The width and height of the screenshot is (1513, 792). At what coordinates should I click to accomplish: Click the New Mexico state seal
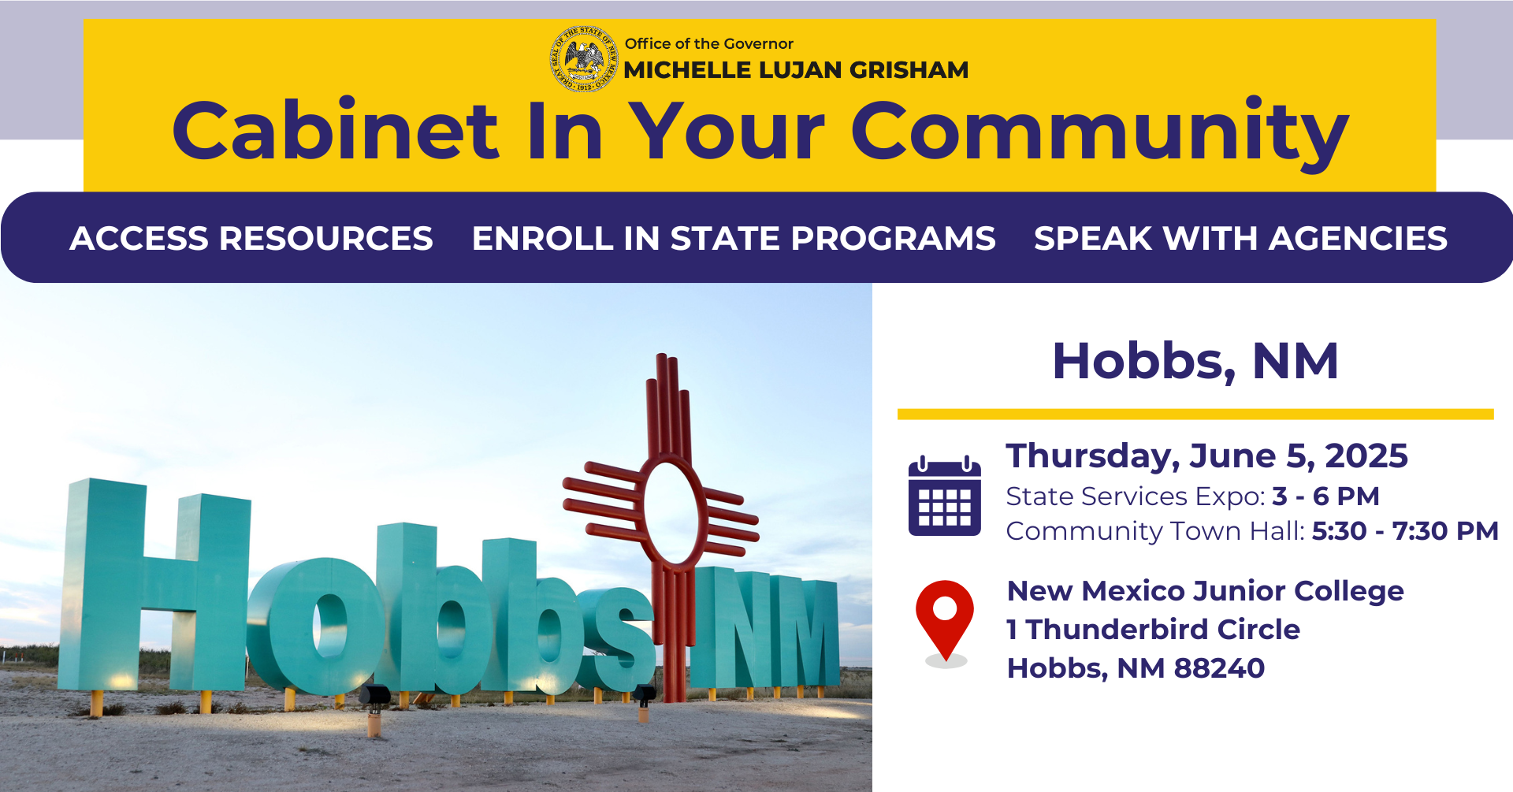tap(583, 59)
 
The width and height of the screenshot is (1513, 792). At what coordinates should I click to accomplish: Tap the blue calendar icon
tap(945, 496)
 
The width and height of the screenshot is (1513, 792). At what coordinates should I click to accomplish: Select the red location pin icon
tap(945, 621)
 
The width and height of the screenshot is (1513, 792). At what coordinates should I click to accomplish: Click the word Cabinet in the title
tap(336, 130)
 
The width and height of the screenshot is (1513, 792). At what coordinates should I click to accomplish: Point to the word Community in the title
tap(1100, 134)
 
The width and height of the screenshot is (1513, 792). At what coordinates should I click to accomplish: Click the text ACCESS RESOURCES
tap(251, 238)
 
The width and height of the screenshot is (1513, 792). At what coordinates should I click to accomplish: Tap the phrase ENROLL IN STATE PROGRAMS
tap(734, 238)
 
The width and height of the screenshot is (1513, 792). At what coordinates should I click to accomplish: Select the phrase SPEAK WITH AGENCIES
tap(1240, 238)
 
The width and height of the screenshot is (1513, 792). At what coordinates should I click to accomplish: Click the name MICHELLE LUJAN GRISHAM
tap(796, 70)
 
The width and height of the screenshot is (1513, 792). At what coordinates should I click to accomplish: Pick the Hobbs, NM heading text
tap(1195, 362)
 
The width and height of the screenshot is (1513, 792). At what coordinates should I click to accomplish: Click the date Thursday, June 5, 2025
tap(1206, 456)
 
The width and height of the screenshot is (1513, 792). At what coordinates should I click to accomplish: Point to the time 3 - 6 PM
tap(1325, 496)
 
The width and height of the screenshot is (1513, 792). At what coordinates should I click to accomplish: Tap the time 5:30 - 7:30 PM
tap(1405, 531)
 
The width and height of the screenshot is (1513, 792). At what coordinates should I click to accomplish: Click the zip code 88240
tap(1219, 668)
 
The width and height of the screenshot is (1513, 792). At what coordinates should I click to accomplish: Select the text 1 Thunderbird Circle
tap(1153, 630)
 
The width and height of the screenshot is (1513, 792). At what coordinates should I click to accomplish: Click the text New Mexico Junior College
tap(1205, 591)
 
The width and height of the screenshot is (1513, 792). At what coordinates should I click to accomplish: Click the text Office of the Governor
tap(709, 43)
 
